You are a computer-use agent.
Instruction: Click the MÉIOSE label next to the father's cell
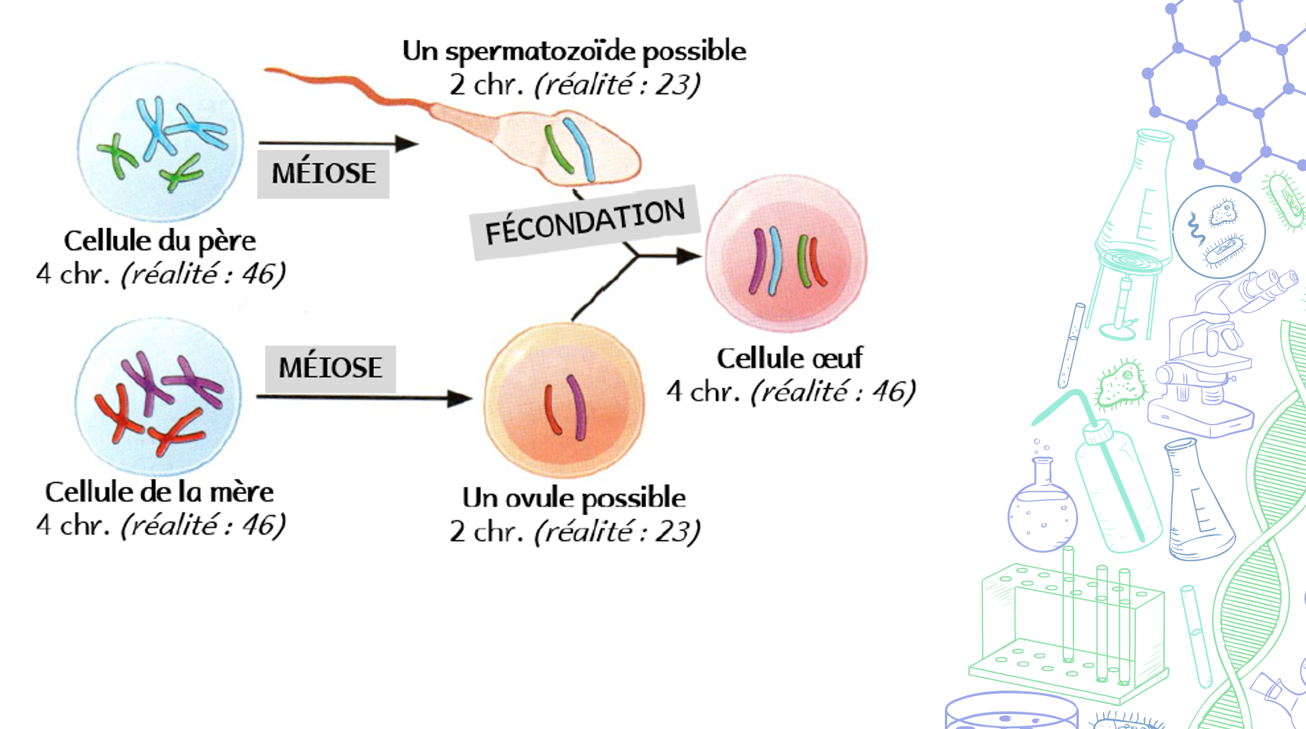coord(324,173)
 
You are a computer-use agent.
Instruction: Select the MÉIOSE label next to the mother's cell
coord(330,368)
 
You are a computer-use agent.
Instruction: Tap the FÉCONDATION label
coord(584,222)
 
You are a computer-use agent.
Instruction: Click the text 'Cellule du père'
coord(160,241)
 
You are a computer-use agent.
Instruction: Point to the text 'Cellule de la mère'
coord(160,492)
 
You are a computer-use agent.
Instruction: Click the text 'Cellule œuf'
coord(789,358)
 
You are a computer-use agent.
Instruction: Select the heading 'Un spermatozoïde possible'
coord(573,51)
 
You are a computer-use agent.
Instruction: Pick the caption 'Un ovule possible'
coord(573,498)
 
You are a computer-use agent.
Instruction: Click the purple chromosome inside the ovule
coord(578,406)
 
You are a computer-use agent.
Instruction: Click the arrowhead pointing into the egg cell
coord(689,256)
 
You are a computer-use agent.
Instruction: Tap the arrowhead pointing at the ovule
coord(460,397)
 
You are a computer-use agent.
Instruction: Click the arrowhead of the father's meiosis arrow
coord(407,143)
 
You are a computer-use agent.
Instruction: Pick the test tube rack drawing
coord(1069,627)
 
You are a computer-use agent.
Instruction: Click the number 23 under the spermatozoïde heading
coord(675,85)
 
